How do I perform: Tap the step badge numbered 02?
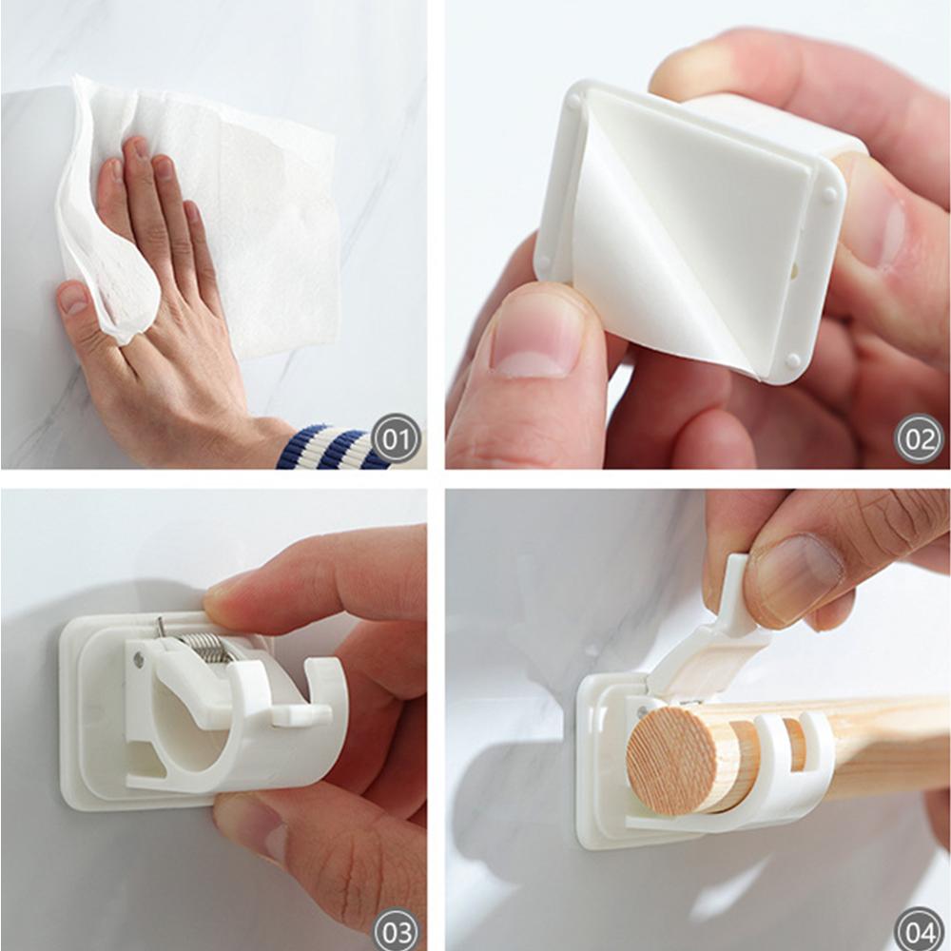(919, 440)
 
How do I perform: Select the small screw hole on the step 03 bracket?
(139, 659)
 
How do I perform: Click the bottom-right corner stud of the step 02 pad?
(792, 361)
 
